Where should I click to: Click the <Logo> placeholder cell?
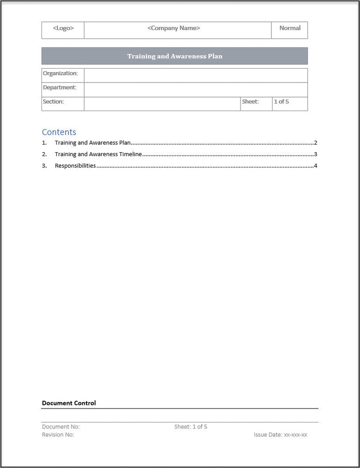pyautogui.click(x=63, y=29)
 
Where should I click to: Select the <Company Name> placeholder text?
pyautogui.click(x=173, y=29)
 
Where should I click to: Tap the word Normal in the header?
pyautogui.click(x=290, y=29)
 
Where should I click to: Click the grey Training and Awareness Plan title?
pyautogui.click(x=174, y=56)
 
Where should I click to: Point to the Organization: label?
pyautogui.click(x=60, y=74)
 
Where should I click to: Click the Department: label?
pyautogui.click(x=60, y=88)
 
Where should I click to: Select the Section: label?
pyautogui.click(x=53, y=102)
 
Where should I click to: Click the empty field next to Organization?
pyautogui.click(x=195, y=75)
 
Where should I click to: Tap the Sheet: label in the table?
pyautogui.click(x=250, y=102)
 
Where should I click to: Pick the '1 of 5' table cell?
pyautogui.click(x=281, y=102)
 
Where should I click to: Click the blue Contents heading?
pyautogui.click(x=59, y=132)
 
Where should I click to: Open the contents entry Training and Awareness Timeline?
pyautogui.click(x=98, y=154)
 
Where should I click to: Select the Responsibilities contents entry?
pyautogui.click(x=75, y=166)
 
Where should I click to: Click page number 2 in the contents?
pyautogui.click(x=315, y=143)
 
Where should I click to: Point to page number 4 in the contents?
pyautogui.click(x=315, y=166)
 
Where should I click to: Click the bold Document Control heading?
pyautogui.click(x=69, y=403)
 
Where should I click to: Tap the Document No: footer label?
pyautogui.click(x=61, y=427)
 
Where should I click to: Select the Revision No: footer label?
pyautogui.click(x=58, y=435)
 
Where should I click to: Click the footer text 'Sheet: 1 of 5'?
pyautogui.click(x=190, y=427)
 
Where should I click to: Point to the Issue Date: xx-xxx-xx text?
pyautogui.click(x=280, y=435)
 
